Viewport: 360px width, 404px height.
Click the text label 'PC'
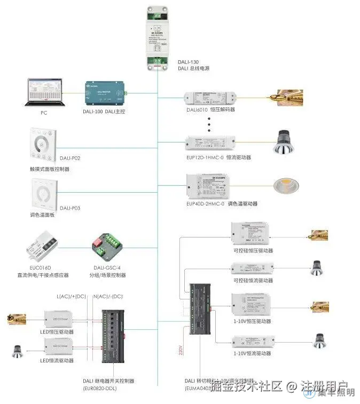[44, 113]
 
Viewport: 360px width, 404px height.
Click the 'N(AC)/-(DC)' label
[108, 296]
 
